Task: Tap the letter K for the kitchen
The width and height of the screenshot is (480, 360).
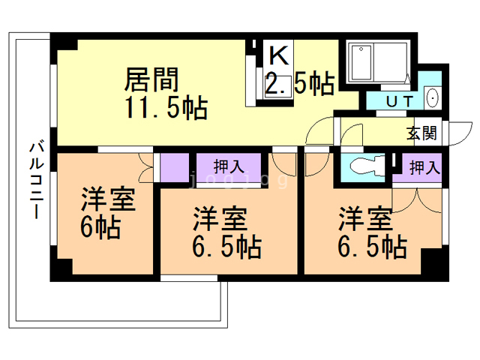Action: (x=277, y=55)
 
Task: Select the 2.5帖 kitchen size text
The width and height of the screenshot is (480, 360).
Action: (x=299, y=84)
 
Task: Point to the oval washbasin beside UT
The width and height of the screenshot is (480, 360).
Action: (x=432, y=97)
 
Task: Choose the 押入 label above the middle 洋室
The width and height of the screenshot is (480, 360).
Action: (x=229, y=166)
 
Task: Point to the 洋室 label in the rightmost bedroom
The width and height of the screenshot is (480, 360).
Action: (x=365, y=219)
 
